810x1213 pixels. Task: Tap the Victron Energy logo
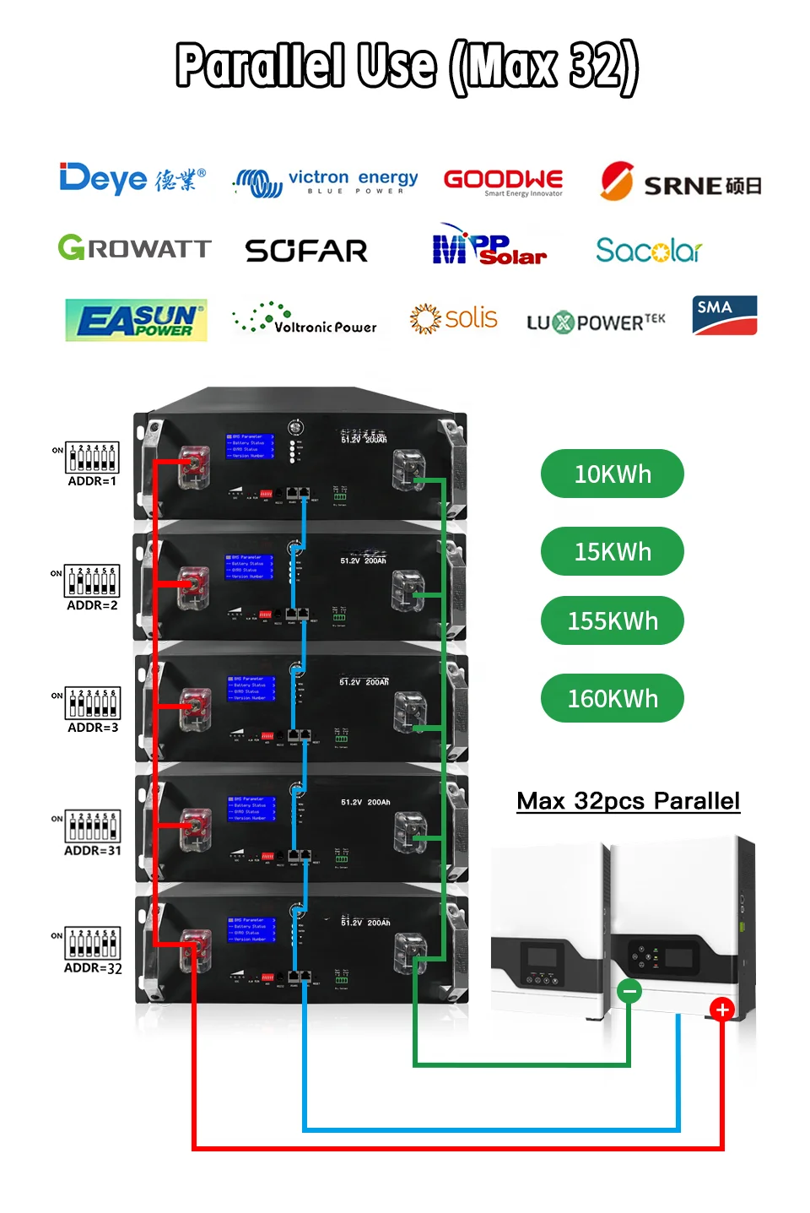[326, 181]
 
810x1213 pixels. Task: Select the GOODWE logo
[504, 181]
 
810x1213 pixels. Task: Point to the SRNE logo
[680, 182]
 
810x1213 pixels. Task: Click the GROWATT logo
[135, 248]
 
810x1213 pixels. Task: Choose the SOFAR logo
[306, 251]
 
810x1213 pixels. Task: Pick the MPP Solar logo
[489, 246]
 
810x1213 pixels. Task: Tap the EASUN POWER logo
[136, 320]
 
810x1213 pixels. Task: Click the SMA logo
[724, 316]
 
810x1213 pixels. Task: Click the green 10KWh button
[612, 474]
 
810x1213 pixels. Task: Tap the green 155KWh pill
[612, 620]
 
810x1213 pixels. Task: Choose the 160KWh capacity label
[612, 698]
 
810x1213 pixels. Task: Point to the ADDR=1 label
[92, 481]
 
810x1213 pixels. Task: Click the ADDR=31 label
[93, 851]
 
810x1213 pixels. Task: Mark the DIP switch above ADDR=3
[93, 702]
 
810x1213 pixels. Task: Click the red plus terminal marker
[721, 1009]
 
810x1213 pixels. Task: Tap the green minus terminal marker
[629, 991]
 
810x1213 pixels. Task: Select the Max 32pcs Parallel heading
[628, 801]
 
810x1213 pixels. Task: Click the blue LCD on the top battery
[250, 447]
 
